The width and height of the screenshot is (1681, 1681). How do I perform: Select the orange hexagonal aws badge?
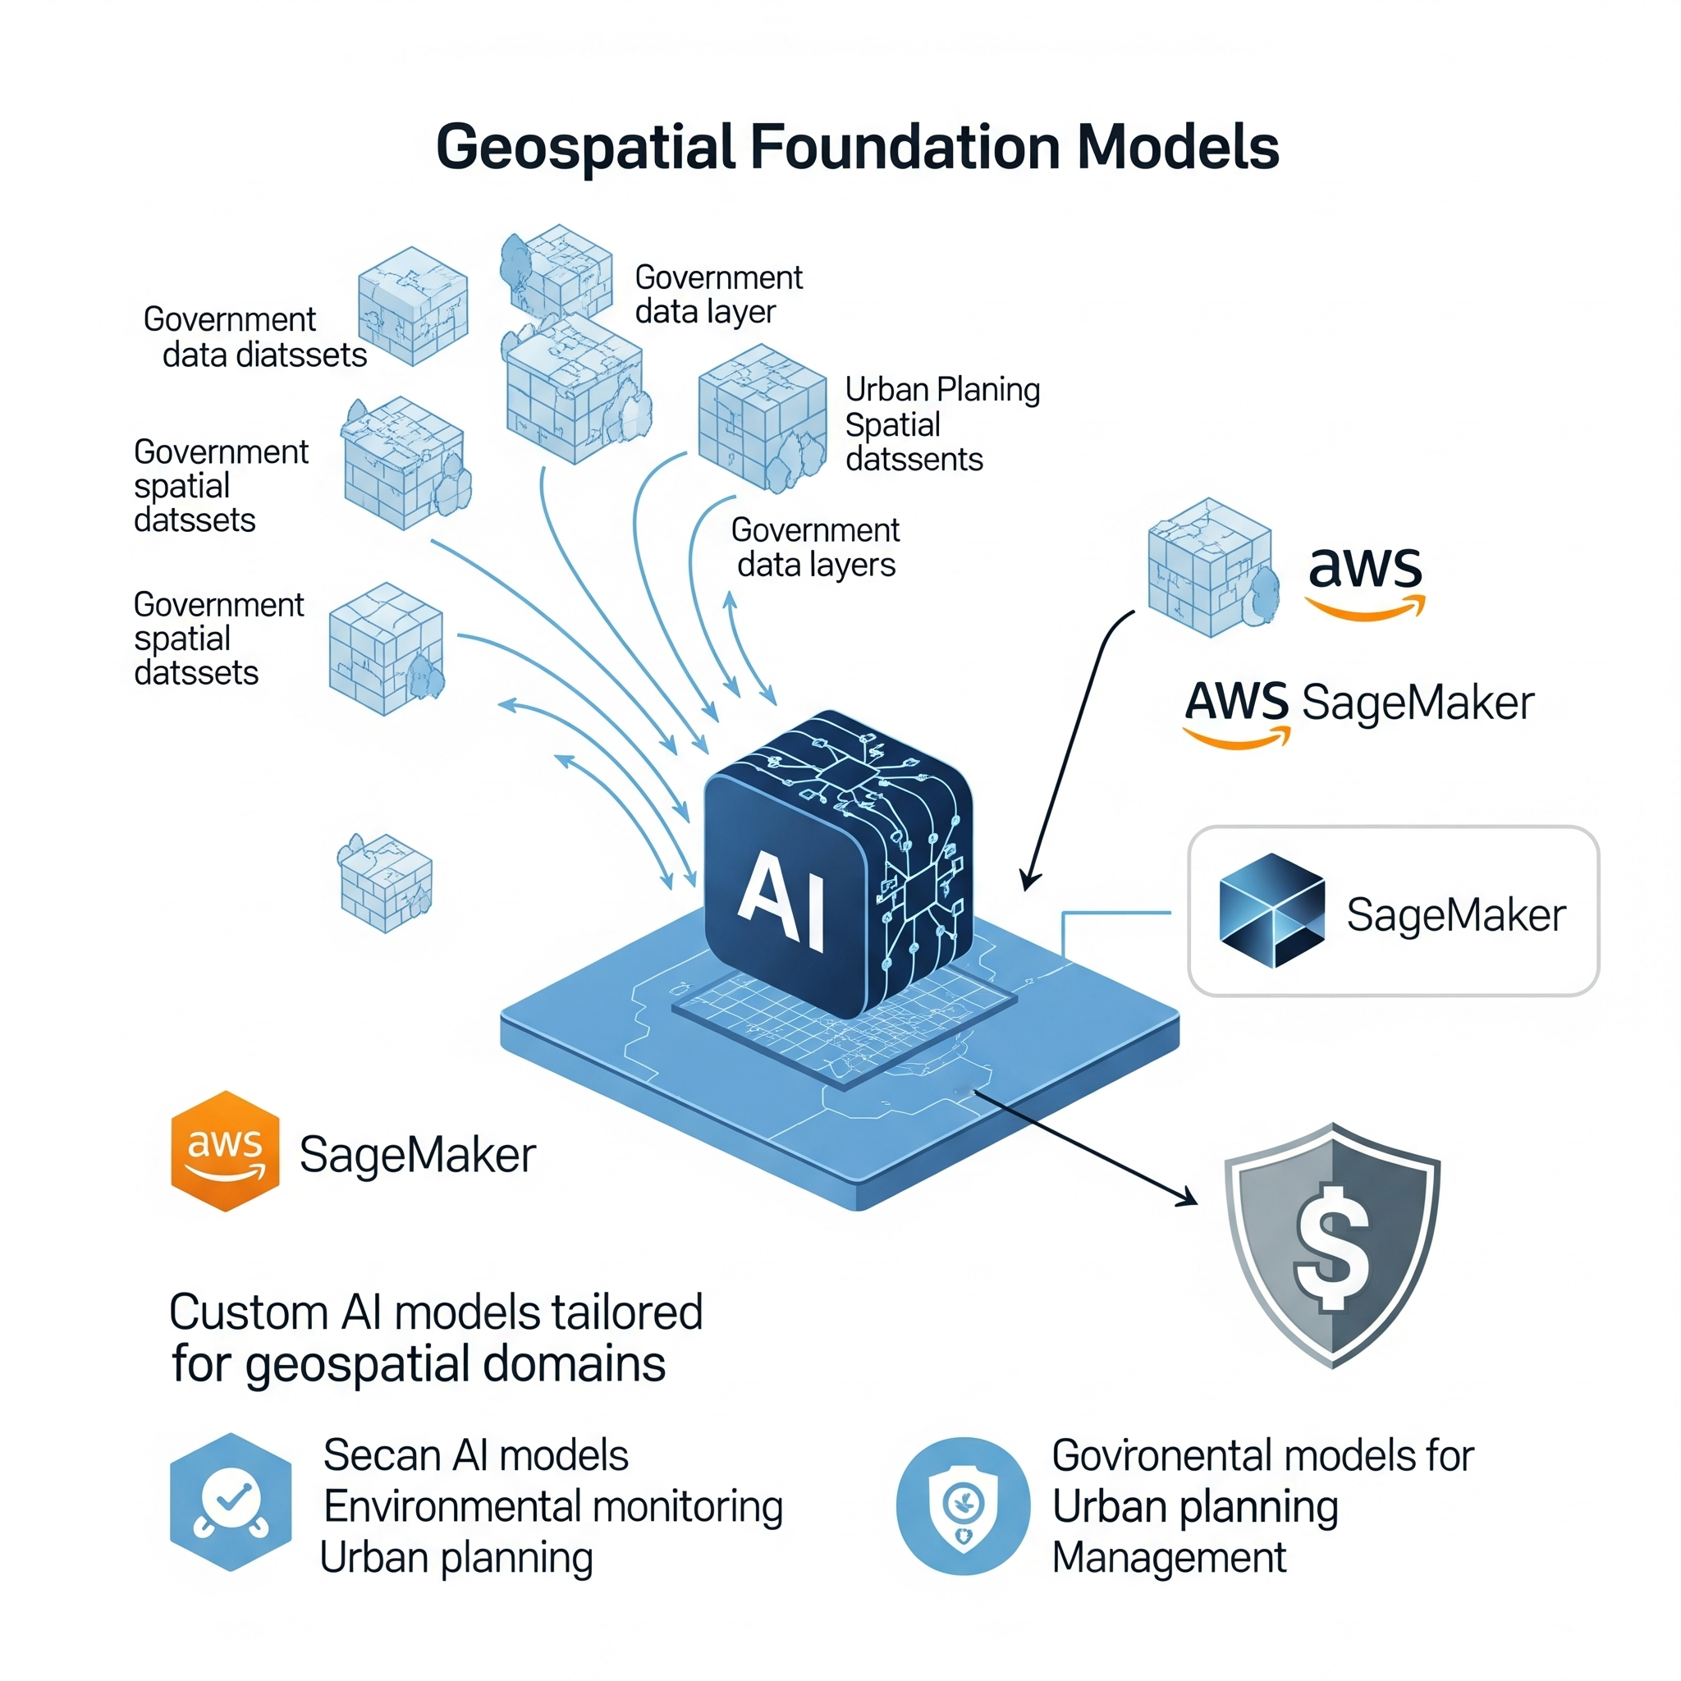coord(226,1150)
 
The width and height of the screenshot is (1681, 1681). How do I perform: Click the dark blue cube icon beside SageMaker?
coord(1271,910)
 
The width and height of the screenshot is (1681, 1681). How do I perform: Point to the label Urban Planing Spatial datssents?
coord(941,424)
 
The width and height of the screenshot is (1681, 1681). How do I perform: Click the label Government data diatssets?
coord(254,337)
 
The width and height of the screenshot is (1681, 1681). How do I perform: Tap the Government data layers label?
coord(815,547)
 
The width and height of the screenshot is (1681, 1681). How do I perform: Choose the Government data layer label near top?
coord(718,294)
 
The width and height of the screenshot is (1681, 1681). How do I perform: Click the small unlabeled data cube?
coord(386,882)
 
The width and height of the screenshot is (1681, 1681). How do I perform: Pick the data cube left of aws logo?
coord(1212,566)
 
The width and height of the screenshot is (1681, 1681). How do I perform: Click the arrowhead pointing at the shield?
coord(1186,1200)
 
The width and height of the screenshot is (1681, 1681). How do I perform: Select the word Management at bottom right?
coord(1168,1557)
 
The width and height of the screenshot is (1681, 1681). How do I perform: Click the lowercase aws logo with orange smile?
coord(1364,579)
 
